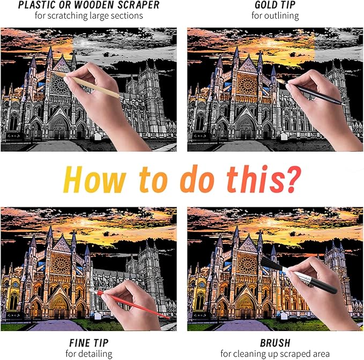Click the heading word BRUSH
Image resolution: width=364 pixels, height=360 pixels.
point(275,343)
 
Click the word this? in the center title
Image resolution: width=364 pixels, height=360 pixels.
point(264,179)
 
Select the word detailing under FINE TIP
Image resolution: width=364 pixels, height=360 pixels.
point(95,354)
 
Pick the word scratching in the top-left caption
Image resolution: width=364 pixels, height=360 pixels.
point(68,16)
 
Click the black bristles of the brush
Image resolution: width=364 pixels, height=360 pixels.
point(272,264)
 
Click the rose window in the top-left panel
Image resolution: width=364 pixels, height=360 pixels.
point(60,85)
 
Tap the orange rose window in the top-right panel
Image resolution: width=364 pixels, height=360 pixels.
point(247,85)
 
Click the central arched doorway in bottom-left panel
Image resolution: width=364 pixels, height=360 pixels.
point(59,305)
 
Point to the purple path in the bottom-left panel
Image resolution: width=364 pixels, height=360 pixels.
point(56,325)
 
